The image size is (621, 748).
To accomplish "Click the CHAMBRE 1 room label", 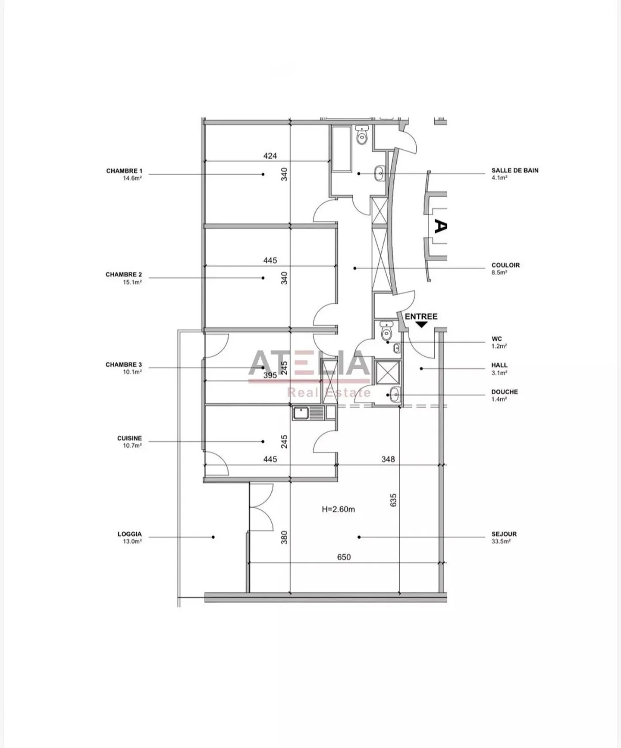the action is pyautogui.click(x=124, y=171).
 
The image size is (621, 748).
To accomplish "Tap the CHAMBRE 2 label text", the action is pyautogui.click(x=124, y=275).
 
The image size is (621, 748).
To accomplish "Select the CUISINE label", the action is pyautogui.click(x=129, y=438).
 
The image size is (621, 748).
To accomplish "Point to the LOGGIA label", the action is pyautogui.click(x=129, y=534).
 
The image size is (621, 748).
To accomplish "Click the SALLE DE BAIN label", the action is pyautogui.click(x=515, y=170).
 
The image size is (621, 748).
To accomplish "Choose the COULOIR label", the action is pyautogui.click(x=505, y=265).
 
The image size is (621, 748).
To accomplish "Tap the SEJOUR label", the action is pyautogui.click(x=504, y=534).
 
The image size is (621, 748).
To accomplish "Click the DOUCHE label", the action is pyautogui.click(x=505, y=392).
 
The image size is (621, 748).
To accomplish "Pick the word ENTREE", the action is pyautogui.click(x=421, y=317).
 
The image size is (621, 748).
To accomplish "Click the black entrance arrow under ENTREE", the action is pyautogui.click(x=421, y=324).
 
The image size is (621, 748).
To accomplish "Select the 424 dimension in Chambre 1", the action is pyautogui.click(x=270, y=156).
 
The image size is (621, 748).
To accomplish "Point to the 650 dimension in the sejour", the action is pyautogui.click(x=344, y=557).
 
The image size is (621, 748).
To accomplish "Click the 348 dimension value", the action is pyautogui.click(x=388, y=459).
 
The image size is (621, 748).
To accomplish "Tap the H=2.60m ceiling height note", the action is pyautogui.click(x=339, y=509).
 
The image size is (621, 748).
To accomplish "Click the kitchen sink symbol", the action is pyautogui.click(x=309, y=413).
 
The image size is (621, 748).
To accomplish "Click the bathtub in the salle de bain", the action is pyautogui.click(x=342, y=148).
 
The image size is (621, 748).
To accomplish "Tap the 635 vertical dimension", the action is pyautogui.click(x=393, y=500).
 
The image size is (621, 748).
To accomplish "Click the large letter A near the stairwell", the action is pyautogui.click(x=439, y=226).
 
